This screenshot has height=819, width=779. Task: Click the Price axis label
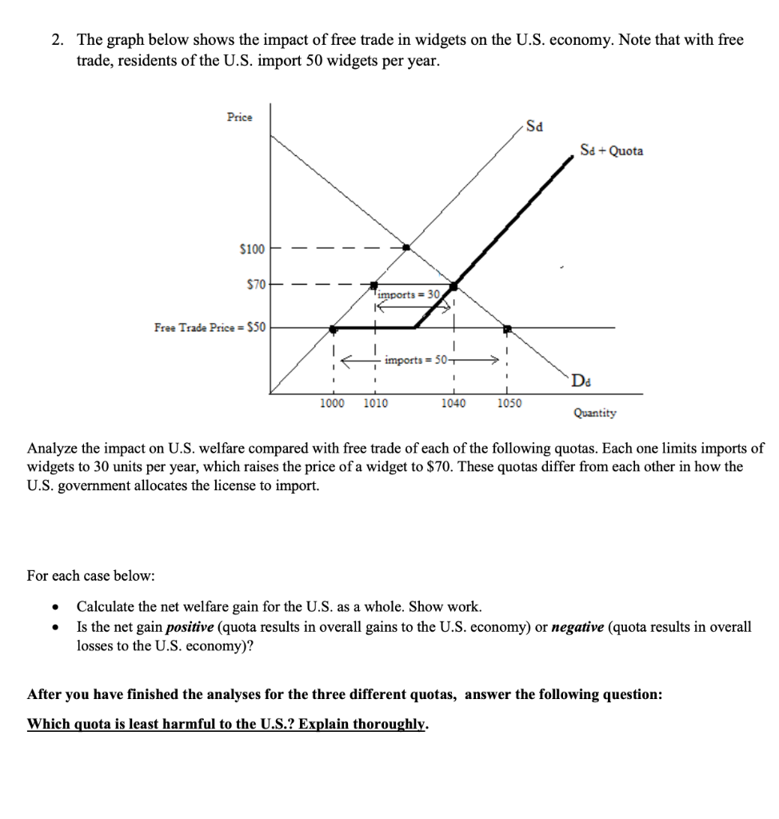pos(239,117)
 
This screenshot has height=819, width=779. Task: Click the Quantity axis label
pos(594,413)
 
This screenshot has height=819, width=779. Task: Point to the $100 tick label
pos(252,250)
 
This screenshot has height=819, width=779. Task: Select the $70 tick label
pos(255,283)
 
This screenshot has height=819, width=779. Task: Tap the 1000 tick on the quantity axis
pos(332,403)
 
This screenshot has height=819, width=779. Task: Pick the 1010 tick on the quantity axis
pos(375,403)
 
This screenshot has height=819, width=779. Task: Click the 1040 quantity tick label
pos(453,403)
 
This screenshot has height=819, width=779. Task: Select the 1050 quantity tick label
pos(509,403)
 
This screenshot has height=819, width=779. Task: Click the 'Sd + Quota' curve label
pos(611,150)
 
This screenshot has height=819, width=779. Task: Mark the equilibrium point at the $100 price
pos(406,248)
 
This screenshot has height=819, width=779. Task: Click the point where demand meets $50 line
pos(506,327)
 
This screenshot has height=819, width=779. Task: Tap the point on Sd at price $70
pos(374,284)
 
